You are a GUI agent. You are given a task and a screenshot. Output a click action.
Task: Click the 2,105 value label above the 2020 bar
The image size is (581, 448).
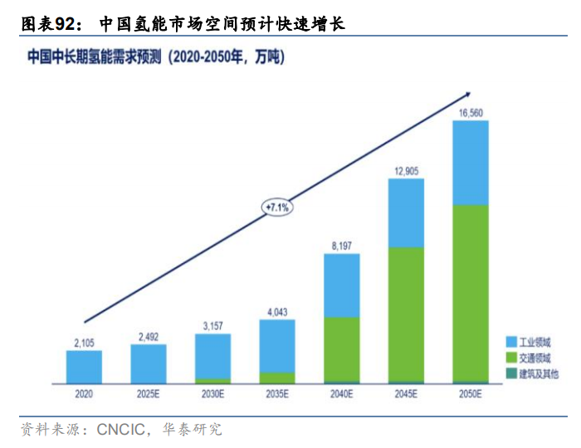coord(84,342)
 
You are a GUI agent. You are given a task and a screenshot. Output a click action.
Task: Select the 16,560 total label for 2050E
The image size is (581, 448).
coord(470,112)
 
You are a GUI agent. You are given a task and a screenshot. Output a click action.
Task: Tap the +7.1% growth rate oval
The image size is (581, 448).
coord(276,207)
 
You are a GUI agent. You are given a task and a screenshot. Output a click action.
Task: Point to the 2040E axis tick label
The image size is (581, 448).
coord(341,395)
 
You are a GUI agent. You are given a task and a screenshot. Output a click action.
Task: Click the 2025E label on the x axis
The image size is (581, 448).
coord(148,395)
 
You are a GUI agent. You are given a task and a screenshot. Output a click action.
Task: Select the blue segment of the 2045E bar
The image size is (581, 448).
coord(406,212)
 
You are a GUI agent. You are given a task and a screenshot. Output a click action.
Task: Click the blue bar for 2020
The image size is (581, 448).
coord(84,366)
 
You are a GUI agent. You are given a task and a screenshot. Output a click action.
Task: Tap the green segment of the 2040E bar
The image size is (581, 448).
coord(341,348)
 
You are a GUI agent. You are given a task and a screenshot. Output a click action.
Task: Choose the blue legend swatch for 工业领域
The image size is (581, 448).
coord(511,342)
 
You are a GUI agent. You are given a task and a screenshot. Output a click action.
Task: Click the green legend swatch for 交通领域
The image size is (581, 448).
coord(511,358)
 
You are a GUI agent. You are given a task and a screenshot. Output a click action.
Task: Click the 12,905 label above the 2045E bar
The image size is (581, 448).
coord(406,170)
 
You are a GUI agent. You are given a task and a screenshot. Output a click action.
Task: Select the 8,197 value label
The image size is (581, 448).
coord(341,245)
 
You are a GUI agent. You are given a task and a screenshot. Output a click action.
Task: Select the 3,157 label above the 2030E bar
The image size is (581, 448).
coord(212,325)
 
